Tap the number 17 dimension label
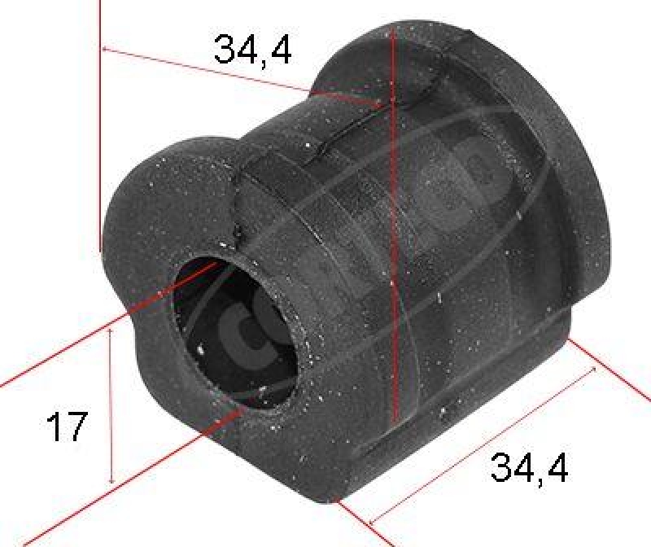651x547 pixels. point(66,427)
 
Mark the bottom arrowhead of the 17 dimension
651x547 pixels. point(111,480)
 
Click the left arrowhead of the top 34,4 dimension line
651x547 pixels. point(107,50)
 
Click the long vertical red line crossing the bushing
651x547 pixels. point(392,244)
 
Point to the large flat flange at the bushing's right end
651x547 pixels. point(521,163)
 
